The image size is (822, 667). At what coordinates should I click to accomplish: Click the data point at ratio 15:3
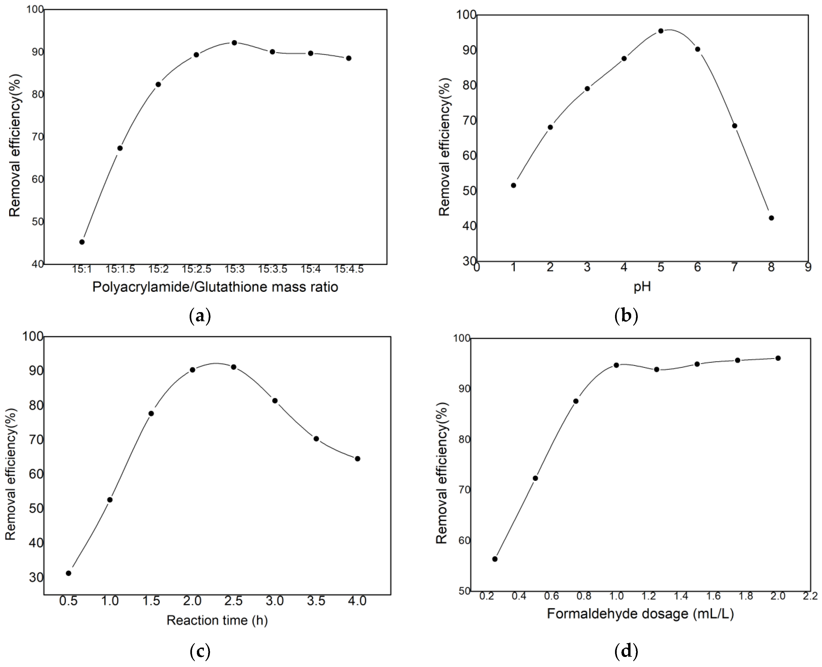[x=234, y=43]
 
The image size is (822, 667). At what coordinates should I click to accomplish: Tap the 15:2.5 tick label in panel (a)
[x=197, y=269]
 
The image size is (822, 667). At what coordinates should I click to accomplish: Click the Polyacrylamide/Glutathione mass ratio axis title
[x=215, y=287]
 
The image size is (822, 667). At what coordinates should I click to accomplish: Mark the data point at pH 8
[x=771, y=218]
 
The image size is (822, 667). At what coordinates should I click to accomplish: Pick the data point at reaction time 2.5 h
[x=233, y=367]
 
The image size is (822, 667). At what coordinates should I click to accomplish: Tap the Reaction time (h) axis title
[x=217, y=620]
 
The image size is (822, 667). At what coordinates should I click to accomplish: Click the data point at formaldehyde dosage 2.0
[x=778, y=358]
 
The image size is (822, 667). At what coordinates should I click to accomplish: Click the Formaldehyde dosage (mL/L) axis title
[x=640, y=614]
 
